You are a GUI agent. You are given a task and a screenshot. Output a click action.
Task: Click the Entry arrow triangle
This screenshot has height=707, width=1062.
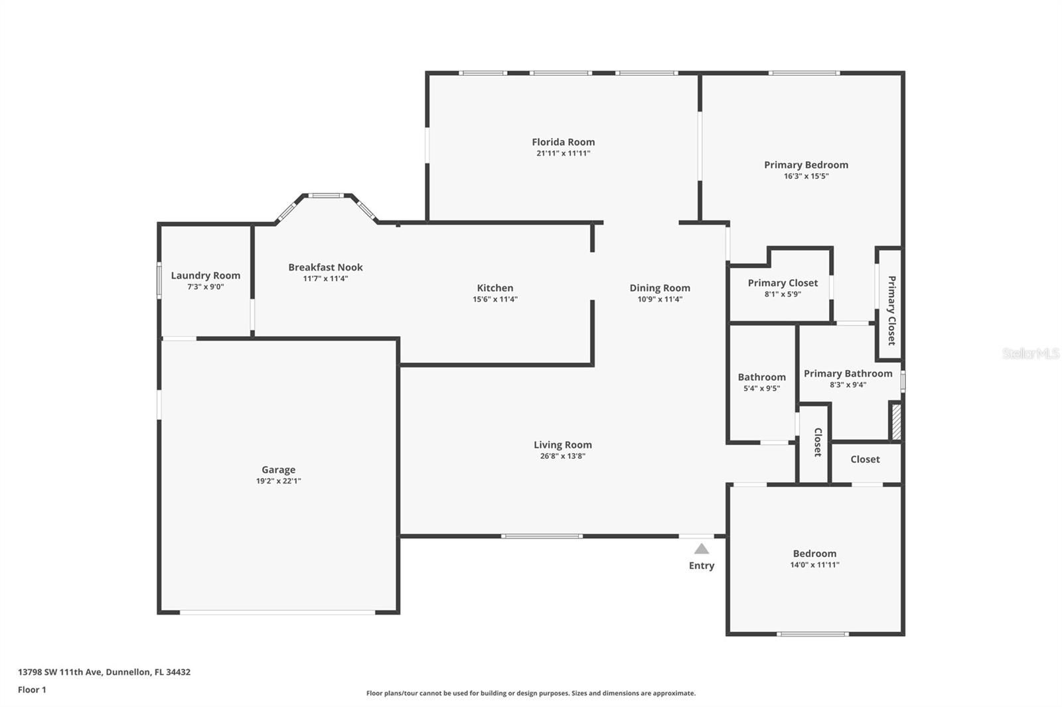(x=702, y=548)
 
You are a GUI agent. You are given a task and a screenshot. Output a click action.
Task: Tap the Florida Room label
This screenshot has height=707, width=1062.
(x=564, y=142)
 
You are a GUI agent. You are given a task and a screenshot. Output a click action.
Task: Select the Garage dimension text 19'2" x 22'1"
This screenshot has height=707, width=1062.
(x=279, y=481)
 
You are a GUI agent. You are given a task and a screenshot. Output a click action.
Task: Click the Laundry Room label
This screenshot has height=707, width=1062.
(x=206, y=276)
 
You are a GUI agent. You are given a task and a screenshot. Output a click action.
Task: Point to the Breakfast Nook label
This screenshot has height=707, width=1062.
(x=326, y=267)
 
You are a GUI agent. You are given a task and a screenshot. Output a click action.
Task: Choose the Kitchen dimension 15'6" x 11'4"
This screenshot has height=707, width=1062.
(x=495, y=299)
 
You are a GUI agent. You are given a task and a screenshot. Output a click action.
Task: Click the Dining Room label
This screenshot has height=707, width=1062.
(x=660, y=288)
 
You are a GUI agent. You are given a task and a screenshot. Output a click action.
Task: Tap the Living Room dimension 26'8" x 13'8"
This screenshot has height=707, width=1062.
(x=563, y=456)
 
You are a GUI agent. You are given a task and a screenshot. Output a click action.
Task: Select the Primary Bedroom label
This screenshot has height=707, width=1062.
(x=806, y=165)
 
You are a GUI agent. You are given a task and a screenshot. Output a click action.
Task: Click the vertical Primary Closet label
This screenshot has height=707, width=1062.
(x=891, y=310)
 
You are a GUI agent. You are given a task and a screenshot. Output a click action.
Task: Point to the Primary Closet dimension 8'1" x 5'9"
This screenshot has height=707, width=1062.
(x=783, y=294)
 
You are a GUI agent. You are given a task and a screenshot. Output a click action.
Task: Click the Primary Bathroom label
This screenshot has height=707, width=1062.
(x=848, y=373)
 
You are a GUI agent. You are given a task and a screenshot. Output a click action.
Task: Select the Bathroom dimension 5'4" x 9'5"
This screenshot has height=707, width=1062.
(x=762, y=389)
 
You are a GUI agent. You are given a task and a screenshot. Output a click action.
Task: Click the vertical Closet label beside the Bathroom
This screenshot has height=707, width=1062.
(x=818, y=442)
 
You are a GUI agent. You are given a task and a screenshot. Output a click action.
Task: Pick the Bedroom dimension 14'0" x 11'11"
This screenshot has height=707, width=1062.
(x=814, y=565)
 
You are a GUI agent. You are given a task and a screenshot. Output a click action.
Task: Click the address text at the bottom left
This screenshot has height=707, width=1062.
(x=104, y=672)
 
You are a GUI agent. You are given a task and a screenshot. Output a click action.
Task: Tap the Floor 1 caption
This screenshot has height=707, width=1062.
(x=33, y=690)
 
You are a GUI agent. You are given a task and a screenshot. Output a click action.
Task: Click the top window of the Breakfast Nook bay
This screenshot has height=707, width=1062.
(x=326, y=195)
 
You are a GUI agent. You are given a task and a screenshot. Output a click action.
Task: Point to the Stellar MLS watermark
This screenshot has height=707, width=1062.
(x=1031, y=353)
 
